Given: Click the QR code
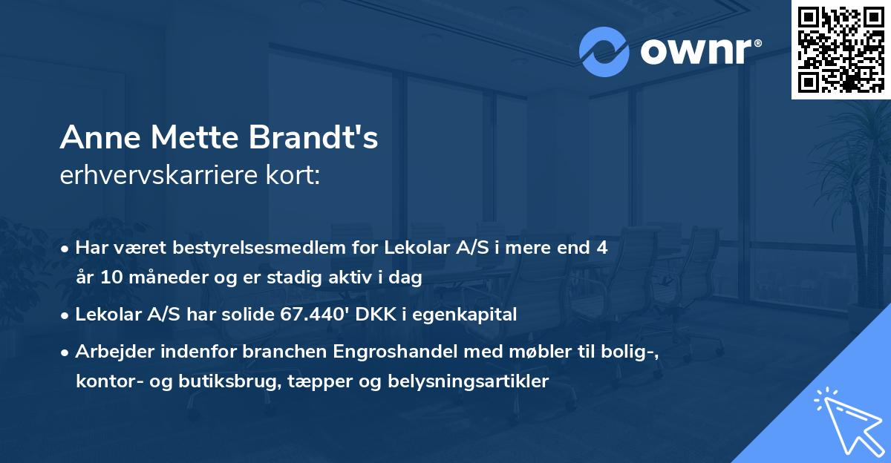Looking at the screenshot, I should [x=841, y=49].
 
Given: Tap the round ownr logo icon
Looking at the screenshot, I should [x=604, y=51].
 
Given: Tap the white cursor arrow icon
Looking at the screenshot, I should [x=846, y=420].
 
